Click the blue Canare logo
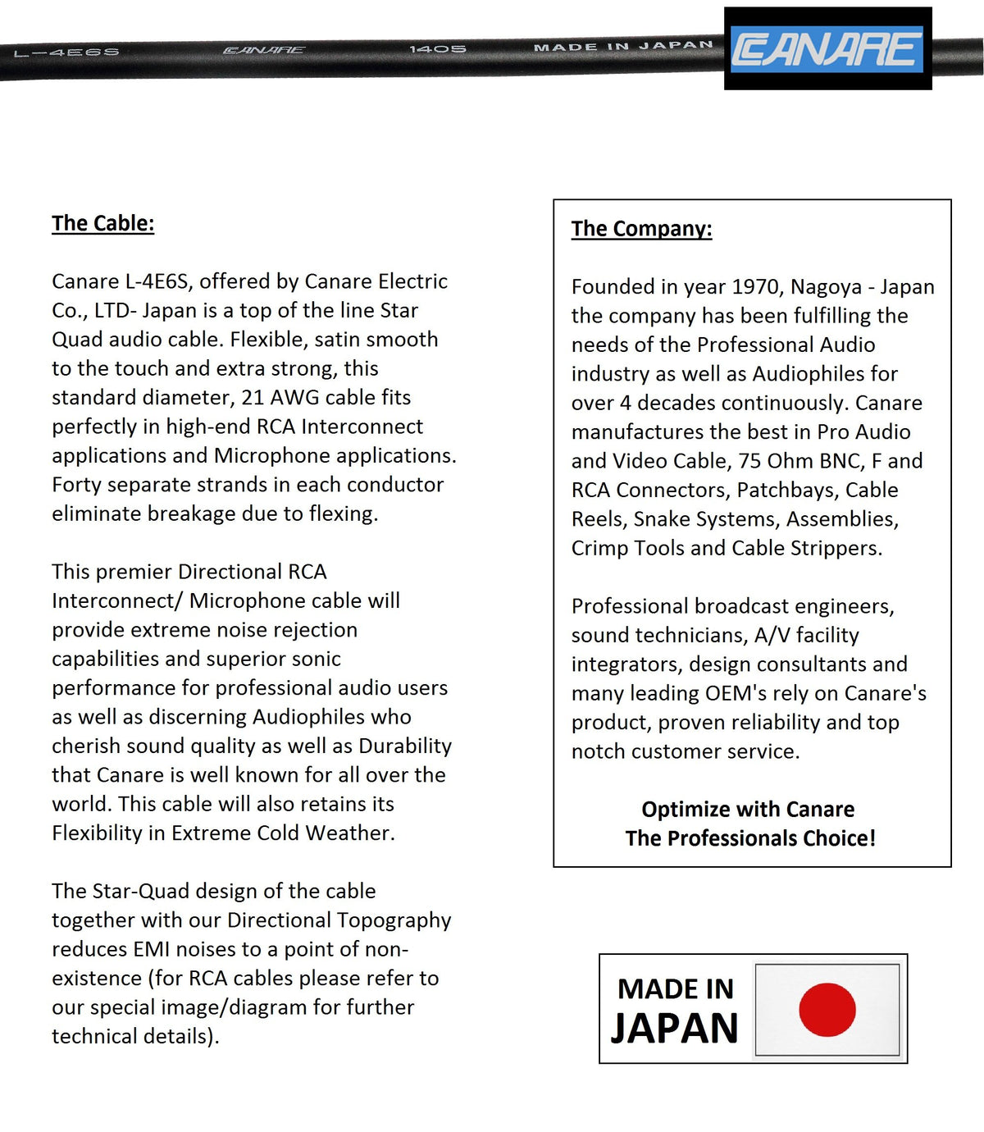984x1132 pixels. (x=827, y=49)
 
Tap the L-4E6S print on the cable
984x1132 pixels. (x=66, y=52)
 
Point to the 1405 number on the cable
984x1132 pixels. (x=438, y=49)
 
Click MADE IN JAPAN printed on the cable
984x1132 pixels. (x=623, y=47)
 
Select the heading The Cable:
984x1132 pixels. (x=102, y=223)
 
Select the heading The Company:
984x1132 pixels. (x=641, y=229)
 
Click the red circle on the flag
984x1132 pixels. (x=827, y=1009)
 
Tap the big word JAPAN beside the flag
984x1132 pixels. (x=674, y=1029)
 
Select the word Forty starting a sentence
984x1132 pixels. (x=76, y=485)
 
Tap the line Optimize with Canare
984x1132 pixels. (x=748, y=810)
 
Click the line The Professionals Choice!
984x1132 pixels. (x=750, y=838)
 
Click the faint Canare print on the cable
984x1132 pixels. (x=264, y=51)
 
